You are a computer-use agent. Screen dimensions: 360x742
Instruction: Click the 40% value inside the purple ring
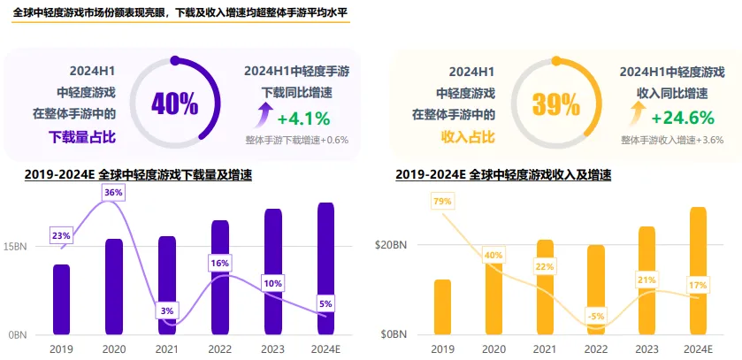click(x=174, y=103)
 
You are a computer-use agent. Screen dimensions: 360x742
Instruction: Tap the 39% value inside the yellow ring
click(x=555, y=104)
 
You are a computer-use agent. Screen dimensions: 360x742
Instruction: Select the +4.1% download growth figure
click(x=303, y=119)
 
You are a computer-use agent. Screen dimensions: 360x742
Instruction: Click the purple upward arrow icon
click(x=263, y=114)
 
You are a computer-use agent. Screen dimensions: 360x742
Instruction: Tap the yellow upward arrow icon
click(x=637, y=114)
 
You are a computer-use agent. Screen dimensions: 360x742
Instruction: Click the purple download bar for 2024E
click(x=325, y=268)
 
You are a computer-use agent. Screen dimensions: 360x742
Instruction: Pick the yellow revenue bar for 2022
click(x=596, y=290)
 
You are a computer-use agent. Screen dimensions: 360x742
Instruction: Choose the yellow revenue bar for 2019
click(x=442, y=307)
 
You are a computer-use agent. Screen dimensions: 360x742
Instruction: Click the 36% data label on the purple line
click(x=113, y=192)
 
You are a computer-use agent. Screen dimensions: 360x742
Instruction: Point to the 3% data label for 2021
click(x=166, y=310)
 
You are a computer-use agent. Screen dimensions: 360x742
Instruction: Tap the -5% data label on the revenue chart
click(x=596, y=316)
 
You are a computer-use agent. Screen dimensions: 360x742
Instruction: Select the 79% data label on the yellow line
click(x=442, y=202)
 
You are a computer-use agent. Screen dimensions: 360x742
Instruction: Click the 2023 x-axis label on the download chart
click(x=273, y=349)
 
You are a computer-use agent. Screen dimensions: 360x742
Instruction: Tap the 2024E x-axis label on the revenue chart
click(x=699, y=349)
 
